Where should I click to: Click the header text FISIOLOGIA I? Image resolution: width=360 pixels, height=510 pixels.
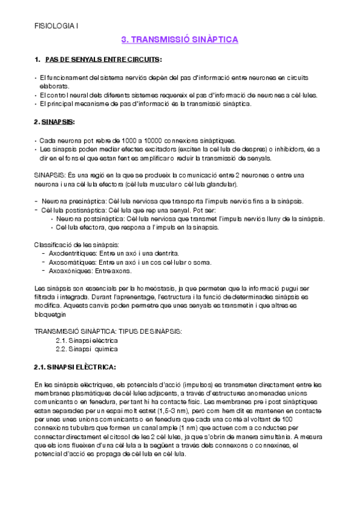55,26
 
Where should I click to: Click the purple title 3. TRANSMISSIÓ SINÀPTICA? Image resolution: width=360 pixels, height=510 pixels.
180,40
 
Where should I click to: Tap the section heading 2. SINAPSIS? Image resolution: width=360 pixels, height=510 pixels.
55,122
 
